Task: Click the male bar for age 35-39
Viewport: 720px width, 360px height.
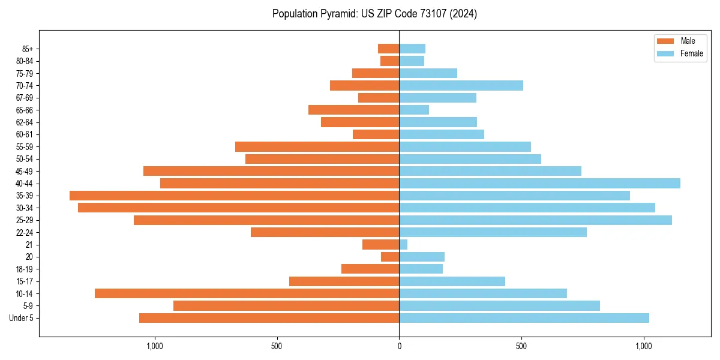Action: click(234, 196)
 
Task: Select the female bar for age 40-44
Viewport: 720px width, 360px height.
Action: click(539, 184)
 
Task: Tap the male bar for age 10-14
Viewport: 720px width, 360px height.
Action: click(247, 293)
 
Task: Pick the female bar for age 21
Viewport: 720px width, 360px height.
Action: click(403, 245)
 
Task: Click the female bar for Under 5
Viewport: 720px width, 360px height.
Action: click(524, 318)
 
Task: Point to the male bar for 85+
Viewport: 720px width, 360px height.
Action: click(388, 49)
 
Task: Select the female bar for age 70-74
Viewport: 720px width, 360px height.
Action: click(461, 86)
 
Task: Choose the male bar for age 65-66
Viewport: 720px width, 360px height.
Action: click(353, 110)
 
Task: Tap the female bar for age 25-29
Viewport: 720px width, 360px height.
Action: click(535, 220)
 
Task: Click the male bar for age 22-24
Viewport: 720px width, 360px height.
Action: click(325, 232)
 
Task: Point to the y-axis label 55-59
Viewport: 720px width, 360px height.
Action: click(25, 147)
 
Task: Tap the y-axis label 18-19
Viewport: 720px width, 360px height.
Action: click(25, 269)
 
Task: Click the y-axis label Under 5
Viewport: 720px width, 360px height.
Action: click(22, 318)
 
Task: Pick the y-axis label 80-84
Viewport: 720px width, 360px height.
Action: click(25, 61)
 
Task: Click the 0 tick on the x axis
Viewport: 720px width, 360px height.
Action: click(399, 346)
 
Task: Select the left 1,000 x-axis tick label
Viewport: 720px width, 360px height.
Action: click(154, 346)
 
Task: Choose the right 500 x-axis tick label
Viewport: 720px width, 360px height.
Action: click(521, 346)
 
